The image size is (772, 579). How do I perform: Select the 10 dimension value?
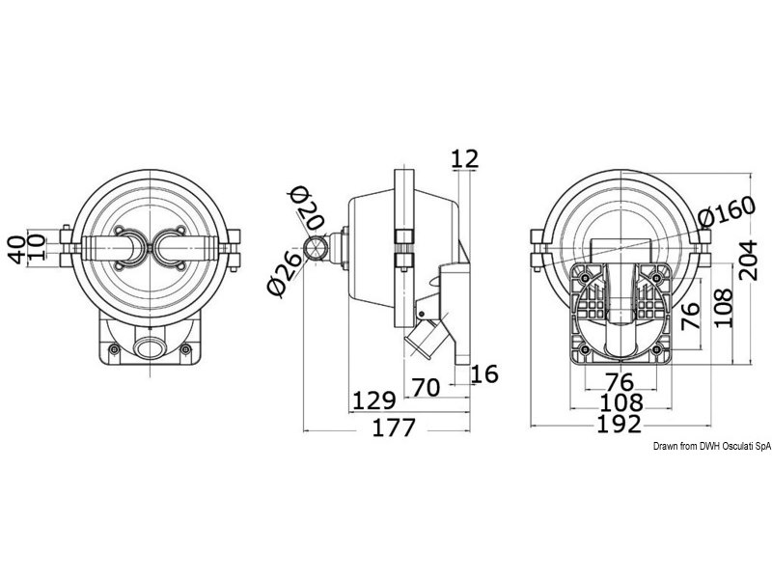tap(37, 247)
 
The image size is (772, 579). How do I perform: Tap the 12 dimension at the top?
tap(464, 159)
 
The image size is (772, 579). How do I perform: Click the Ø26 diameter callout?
tap(285, 274)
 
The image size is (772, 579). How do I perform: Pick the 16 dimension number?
tap(484, 374)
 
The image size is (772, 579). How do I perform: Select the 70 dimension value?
tap(426, 388)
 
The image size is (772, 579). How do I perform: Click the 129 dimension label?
tap(374, 400)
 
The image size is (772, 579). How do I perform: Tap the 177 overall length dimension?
tap(394, 427)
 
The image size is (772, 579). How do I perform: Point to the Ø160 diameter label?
tap(728, 210)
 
